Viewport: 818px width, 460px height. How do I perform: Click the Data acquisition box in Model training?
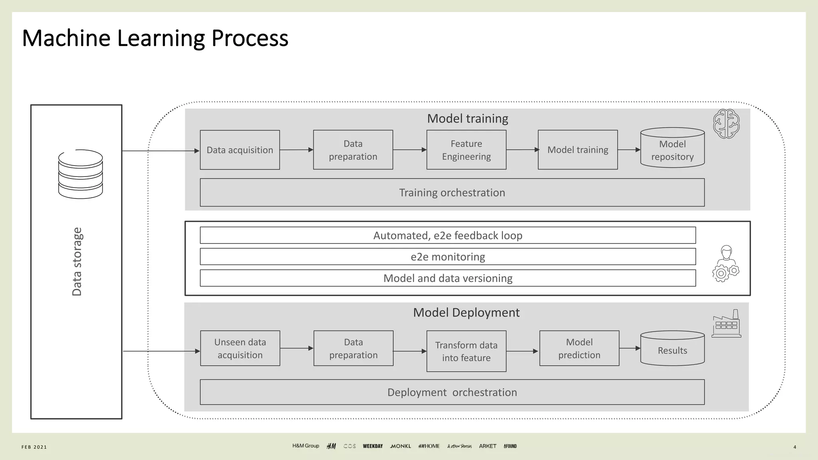pyautogui.click(x=240, y=150)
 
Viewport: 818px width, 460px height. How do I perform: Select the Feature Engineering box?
pyautogui.click(x=466, y=150)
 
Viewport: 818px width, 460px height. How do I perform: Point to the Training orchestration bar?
pyautogui.click(x=452, y=192)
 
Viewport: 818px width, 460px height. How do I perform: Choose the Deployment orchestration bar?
pyautogui.click(x=452, y=392)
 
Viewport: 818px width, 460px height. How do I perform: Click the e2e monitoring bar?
pyautogui.click(x=448, y=257)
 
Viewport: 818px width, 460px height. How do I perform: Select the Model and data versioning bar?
pyautogui.click(x=448, y=278)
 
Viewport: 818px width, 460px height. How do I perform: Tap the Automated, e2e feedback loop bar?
pyautogui.click(x=448, y=235)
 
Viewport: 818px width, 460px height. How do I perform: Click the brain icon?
pyautogui.click(x=726, y=124)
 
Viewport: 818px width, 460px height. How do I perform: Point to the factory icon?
pyautogui.click(x=727, y=324)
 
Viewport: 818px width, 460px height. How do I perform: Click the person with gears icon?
pyautogui.click(x=726, y=264)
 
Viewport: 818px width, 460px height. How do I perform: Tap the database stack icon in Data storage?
pyautogui.click(x=80, y=174)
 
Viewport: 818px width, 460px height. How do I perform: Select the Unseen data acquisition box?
pyautogui.click(x=240, y=348)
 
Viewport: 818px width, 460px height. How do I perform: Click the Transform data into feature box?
pyautogui.click(x=466, y=351)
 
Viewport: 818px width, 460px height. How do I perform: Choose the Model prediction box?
pyautogui.click(x=579, y=348)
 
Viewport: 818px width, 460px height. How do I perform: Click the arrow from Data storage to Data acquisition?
pyautogui.click(x=160, y=151)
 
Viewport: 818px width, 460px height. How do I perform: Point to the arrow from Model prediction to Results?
pyautogui.click(x=630, y=348)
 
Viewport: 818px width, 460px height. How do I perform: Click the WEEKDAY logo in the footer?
pyautogui.click(x=373, y=446)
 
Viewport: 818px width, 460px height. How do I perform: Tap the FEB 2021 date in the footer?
pyautogui.click(x=34, y=447)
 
